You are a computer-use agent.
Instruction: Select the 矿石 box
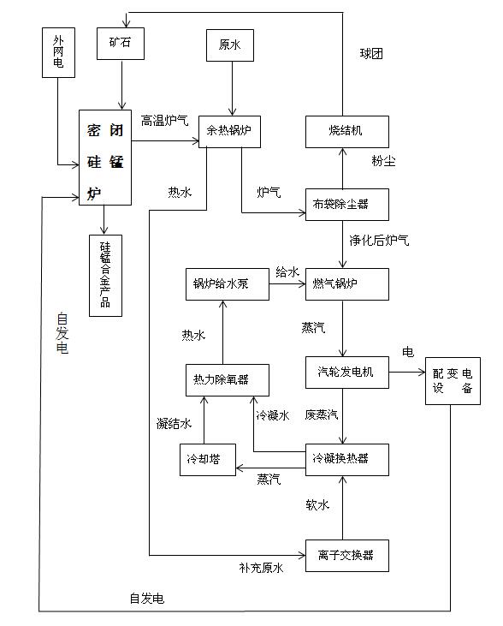click(x=122, y=45)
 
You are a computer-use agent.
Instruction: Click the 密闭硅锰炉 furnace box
click(x=105, y=157)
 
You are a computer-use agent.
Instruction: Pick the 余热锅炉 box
click(x=229, y=132)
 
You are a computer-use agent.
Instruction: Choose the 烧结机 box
click(x=347, y=132)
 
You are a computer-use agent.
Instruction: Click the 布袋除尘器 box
click(x=347, y=203)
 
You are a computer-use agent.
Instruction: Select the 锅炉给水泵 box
click(x=228, y=284)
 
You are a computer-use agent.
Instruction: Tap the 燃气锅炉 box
click(x=347, y=284)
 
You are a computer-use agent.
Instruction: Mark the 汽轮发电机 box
click(x=347, y=373)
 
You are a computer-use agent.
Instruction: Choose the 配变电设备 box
click(x=453, y=381)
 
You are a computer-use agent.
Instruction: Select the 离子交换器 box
click(x=347, y=554)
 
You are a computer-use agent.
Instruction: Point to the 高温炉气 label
click(x=166, y=121)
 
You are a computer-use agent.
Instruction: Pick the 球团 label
click(x=371, y=53)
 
